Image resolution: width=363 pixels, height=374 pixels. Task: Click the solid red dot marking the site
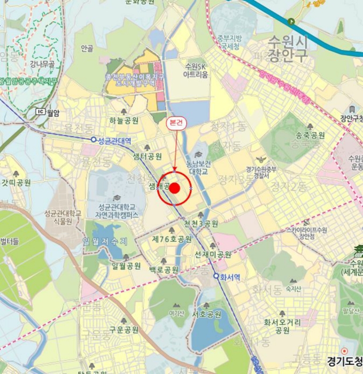tap(174, 188)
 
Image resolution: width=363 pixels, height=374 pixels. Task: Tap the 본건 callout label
tap(176, 122)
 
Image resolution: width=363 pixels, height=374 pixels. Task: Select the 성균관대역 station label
tap(114, 141)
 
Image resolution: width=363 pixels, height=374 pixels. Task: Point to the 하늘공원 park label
tap(123, 121)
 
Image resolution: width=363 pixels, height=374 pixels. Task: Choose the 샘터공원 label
tap(147, 157)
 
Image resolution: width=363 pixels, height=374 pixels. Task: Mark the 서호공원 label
tap(207, 314)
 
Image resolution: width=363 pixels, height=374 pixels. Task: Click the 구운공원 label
tap(123, 330)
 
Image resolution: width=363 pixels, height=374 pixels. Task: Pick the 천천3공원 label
tap(200, 223)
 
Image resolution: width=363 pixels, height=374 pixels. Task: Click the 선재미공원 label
tap(213, 254)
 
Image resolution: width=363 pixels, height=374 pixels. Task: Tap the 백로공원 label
tap(164, 270)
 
